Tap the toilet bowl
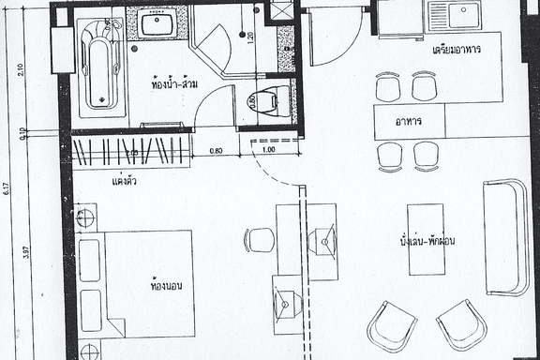269,98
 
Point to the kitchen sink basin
463,16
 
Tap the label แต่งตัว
125,180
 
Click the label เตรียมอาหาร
457,50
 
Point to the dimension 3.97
27,251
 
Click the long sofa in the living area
506,236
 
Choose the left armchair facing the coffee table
391,325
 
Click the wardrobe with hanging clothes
131,151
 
